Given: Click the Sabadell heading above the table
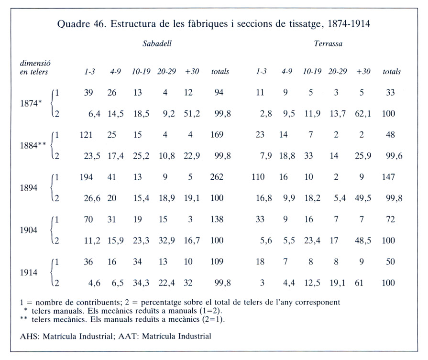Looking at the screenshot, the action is click(x=157, y=44).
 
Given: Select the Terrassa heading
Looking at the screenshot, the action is click(x=328, y=44).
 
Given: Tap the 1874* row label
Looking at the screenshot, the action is click(x=31, y=103).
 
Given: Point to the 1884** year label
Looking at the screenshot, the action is click(x=33, y=145).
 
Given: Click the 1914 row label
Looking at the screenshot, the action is click(x=29, y=273).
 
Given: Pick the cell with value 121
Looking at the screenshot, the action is click(x=86, y=134).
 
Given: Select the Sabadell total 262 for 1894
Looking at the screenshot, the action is click(x=217, y=177).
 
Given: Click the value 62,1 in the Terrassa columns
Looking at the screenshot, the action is click(x=363, y=113).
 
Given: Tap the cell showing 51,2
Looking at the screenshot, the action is click(x=192, y=113).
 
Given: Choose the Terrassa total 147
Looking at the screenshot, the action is click(x=388, y=177).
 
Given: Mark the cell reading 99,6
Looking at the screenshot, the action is click(x=394, y=156).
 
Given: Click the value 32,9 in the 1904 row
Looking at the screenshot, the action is click(x=166, y=240).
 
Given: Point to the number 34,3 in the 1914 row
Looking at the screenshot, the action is click(x=141, y=283).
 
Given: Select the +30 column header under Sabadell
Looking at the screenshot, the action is click(x=192, y=72).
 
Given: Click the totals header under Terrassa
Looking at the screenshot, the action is click(x=392, y=72).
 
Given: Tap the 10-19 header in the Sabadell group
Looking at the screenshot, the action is click(x=141, y=72).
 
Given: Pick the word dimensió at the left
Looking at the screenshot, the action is click(x=35, y=63).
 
